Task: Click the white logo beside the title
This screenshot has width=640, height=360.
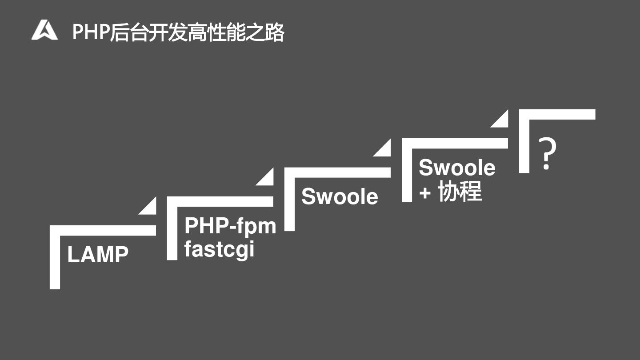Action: click(44, 30)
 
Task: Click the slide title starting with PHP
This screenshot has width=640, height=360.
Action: click(178, 32)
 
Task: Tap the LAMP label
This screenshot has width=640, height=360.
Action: click(98, 255)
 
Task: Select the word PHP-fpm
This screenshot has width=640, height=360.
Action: click(230, 225)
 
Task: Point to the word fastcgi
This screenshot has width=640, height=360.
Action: click(219, 249)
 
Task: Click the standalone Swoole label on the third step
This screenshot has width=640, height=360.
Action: click(340, 196)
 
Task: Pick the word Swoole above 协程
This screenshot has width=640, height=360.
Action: click(457, 168)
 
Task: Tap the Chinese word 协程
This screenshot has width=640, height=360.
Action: click(460, 192)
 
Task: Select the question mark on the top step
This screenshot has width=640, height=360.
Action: click(548, 154)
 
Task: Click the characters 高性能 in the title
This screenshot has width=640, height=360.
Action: click(216, 32)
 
